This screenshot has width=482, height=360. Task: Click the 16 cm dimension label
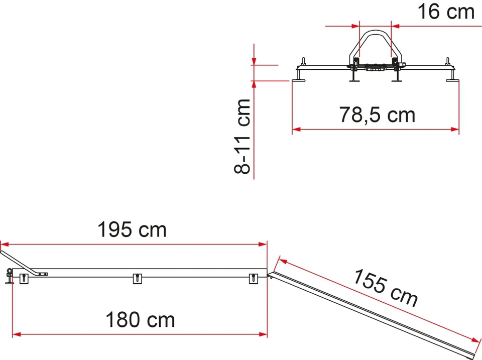[446, 12]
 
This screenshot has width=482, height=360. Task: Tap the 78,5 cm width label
[377, 114]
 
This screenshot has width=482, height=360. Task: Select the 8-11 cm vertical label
[242, 137]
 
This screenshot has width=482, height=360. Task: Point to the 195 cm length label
[132, 229]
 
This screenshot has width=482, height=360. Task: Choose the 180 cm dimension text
[140, 320]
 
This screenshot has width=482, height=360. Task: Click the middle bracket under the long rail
[138, 278]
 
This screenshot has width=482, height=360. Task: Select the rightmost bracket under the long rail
[253, 278]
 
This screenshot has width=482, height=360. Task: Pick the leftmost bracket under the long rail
[24, 278]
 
